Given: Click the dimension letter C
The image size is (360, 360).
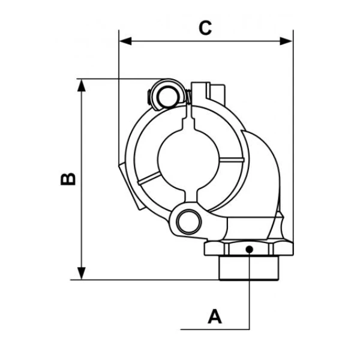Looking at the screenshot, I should coord(206,28).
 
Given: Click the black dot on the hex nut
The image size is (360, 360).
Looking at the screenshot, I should coord(250,248).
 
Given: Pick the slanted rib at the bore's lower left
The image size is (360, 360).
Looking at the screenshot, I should coord(149,178).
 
